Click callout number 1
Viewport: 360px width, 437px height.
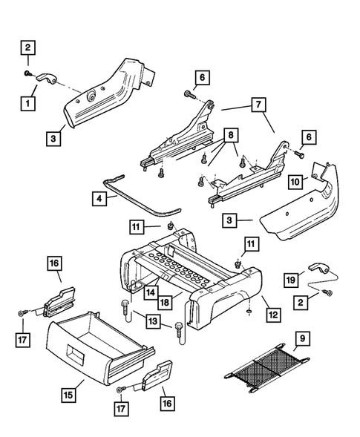coord(27,104)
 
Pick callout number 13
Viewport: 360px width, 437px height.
coord(153,321)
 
